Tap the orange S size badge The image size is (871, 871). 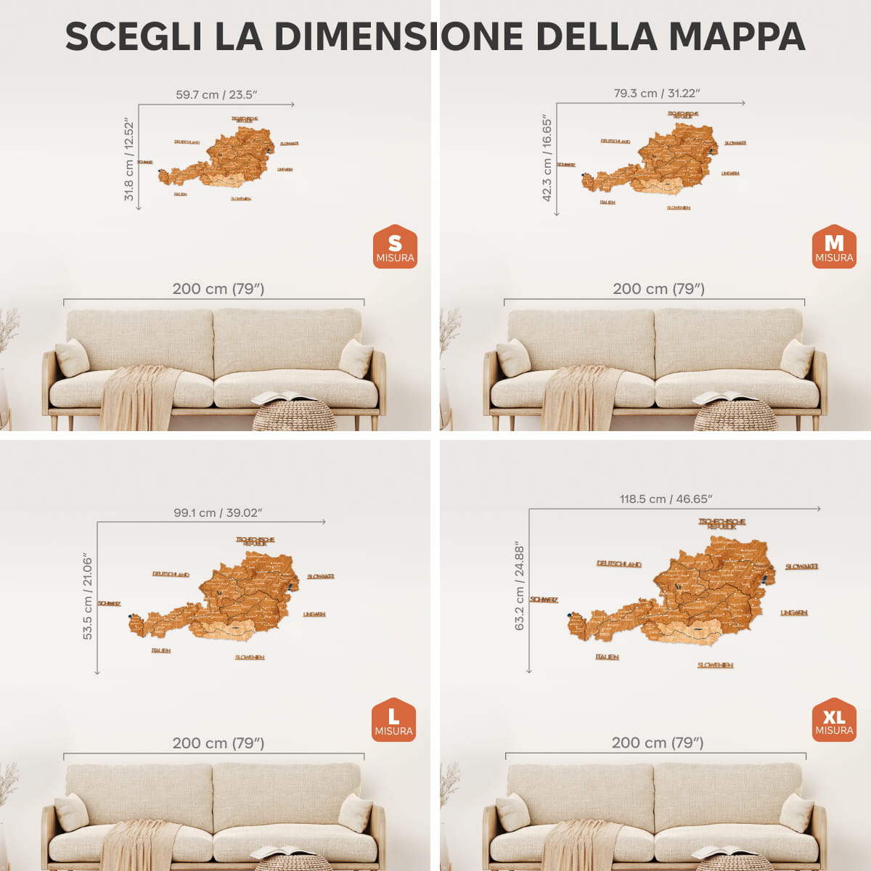[395, 247]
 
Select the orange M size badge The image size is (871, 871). [834, 247]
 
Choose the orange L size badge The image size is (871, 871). [393, 720]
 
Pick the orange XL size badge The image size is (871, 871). [834, 720]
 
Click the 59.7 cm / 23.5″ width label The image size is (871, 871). [216, 94]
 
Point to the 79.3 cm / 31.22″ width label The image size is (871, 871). [657, 93]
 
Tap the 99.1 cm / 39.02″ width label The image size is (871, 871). [218, 512]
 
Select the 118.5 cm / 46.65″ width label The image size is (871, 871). [666, 499]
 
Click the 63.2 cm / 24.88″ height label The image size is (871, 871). [520, 585]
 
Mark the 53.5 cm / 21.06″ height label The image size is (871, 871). [88, 597]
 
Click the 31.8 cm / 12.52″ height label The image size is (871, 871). [129, 160]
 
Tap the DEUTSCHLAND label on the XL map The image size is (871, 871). [619, 564]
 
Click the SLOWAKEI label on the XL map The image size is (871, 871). [802, 566]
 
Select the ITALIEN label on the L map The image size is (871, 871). [161, 650]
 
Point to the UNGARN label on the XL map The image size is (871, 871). [794, 613]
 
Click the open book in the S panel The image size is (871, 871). [283, 397]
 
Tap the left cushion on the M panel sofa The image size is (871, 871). [514, 357]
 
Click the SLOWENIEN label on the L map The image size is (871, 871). [250, 657]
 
